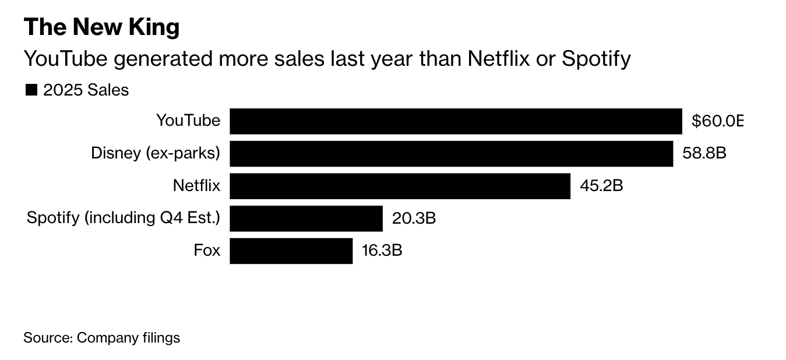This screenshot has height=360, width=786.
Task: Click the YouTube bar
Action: coord(456,121)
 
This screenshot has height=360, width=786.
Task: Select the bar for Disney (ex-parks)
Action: coord(451,153)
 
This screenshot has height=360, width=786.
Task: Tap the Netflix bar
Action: coord(400,186)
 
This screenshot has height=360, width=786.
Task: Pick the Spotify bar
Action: coord(306,218)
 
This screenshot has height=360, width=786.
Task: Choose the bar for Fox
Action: coord(291,250)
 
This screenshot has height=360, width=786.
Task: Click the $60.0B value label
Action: coord(717,121)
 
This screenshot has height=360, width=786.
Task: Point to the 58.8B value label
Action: coord(704,153)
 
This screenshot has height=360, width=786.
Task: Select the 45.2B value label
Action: coord(601,186)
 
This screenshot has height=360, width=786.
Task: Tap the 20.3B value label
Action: coord(414,218)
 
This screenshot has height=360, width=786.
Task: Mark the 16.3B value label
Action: coord(382,250)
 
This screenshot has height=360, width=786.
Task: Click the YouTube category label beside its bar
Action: coord(188,121)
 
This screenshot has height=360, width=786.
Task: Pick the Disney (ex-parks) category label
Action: coord(156,153)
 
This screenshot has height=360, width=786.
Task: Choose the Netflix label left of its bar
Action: coord(197,186)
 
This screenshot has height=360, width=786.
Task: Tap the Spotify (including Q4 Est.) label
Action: coord(124,218)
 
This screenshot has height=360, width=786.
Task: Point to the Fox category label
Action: coord(207,250)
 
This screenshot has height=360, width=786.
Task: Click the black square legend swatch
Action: coord(31,90)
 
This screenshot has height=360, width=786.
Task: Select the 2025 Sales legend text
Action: coord(86,90)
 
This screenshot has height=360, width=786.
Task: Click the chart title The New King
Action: coord(101,27)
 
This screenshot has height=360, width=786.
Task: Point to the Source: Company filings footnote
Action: coord(101,338)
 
